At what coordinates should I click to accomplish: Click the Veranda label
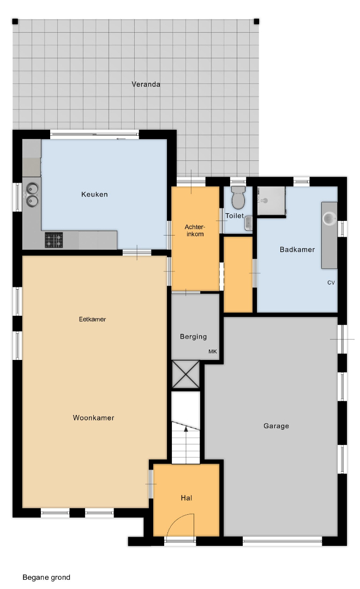click(146, 84)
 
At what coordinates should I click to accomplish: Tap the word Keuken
click(94, 194)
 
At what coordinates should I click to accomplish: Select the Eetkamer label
click(92, 319)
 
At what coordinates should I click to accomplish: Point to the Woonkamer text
click(93, 418)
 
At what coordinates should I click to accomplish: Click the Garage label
click(276, 426)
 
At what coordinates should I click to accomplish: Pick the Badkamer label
click(297, 249)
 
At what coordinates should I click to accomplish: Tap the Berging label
click(193, 336)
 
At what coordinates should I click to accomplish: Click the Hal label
click(187, 498)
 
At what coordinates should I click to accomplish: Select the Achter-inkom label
click(195, 230)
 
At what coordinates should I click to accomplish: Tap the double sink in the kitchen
click(32, 195)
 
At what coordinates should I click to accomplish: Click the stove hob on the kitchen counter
click(54, 240)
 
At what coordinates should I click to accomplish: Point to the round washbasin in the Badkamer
click(329, 219)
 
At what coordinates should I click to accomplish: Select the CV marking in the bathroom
click(331, 283)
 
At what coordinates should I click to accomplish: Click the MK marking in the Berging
click(213, 352)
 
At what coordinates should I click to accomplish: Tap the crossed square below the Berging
click(185, 374)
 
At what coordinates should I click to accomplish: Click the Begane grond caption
click(46, 578)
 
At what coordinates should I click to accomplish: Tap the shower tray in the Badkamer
click(271, 201)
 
